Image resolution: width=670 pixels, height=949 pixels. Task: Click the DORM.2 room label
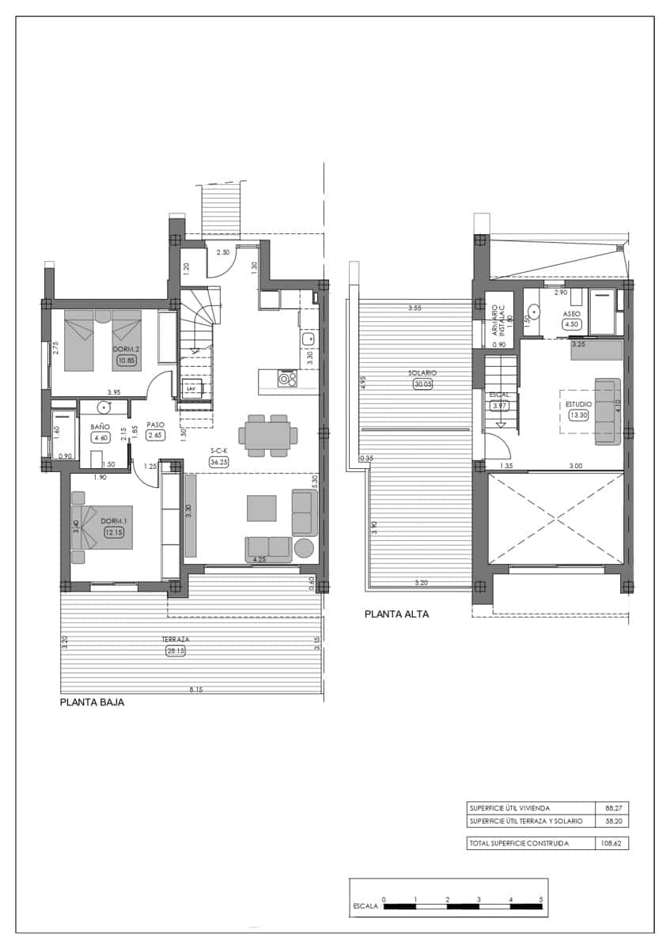(x=127, y=349)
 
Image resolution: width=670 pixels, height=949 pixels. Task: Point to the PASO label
(x=155, y=424)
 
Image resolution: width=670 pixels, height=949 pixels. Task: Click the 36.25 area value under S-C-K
(x=218, y=462)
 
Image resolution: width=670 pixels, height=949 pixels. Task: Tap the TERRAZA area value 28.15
(x=176, y=651)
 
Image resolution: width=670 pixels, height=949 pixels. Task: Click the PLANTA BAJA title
(x=93, y=701)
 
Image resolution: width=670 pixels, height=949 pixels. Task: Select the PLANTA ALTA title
(x=396, y=613)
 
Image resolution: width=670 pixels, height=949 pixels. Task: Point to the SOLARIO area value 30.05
(x=423, y=385)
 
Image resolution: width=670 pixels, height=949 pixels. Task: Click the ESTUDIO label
(x=577, y=403)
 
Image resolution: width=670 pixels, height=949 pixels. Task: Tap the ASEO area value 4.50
(x=572, y=323)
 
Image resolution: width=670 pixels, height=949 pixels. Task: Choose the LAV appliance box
(x=191, y=389)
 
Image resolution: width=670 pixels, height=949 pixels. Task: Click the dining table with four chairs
(x=268, y=435)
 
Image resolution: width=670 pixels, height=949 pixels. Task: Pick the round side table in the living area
(x=305, y=547)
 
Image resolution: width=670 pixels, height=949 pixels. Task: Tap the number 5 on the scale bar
(x=541, y=899)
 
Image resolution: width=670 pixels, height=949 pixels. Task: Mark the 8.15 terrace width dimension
(x=195, y=690)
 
